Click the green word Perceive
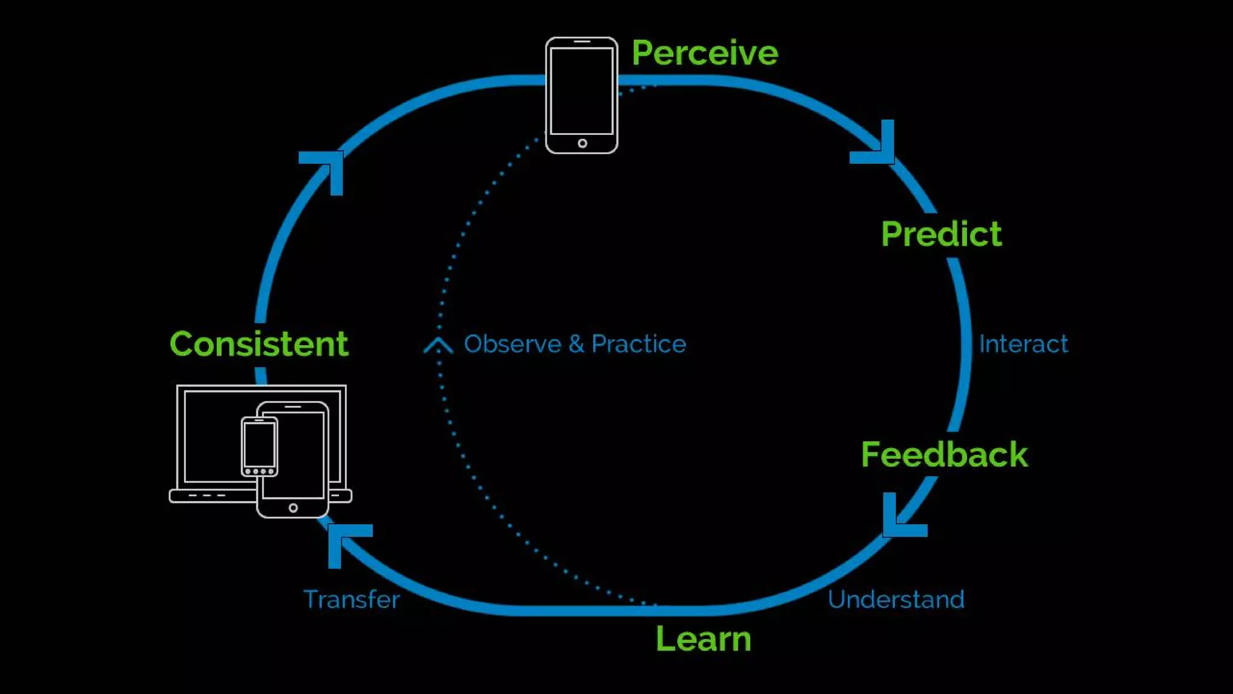704,53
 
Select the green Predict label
941,234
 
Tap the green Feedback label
944,454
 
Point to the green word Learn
703,639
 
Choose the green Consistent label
259,344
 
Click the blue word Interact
1023,344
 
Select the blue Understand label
896,599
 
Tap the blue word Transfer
352,599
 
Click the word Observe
512,344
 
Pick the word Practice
638,344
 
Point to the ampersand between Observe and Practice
576,344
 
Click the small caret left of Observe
438,345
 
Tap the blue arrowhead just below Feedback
900,518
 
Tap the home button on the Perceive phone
582,143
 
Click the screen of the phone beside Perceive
582,91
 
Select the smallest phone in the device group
259,446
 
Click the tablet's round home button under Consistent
293,508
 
